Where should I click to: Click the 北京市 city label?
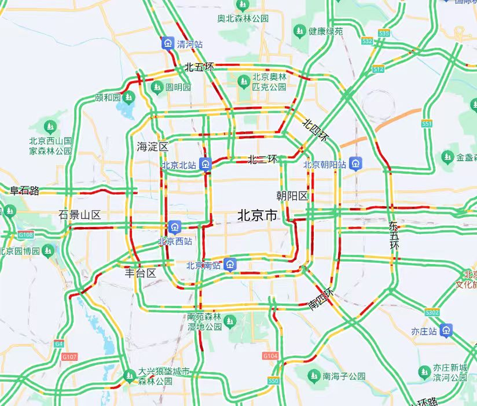point(258,215)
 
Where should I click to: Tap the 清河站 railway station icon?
point(168,44)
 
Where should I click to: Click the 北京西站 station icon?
point(175,227)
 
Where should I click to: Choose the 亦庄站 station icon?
point(447,330)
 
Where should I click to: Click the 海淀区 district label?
point(153,146)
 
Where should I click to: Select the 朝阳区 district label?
point(292,196)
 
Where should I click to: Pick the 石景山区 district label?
point(79,215)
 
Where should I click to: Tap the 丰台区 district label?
point(140,274)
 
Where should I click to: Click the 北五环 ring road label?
point(199,67)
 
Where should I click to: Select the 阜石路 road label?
point(24,191)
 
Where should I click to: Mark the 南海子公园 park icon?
point(314,376)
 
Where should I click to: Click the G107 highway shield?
point(70,357)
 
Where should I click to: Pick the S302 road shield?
point(432,312)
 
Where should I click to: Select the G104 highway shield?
point(270,356)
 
